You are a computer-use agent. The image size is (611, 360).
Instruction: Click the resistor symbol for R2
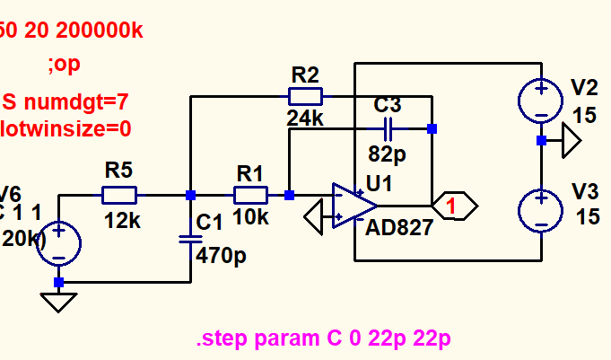305,96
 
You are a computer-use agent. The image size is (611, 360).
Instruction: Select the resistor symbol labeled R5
119,195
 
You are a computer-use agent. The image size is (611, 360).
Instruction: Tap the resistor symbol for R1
251,195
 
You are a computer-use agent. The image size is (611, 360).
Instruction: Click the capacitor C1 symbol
190,239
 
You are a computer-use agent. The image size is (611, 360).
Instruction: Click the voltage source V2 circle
541,99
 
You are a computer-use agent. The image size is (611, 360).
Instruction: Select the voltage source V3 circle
541,211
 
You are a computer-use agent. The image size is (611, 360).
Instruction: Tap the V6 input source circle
58,243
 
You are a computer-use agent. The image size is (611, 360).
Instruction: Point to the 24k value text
305,117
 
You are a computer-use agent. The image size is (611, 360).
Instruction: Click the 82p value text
388,154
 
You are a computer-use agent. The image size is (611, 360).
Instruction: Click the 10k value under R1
252,218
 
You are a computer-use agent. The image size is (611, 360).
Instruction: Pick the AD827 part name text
399,228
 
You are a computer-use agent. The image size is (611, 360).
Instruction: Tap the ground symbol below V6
58,302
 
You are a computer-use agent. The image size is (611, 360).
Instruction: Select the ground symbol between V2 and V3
570,141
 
